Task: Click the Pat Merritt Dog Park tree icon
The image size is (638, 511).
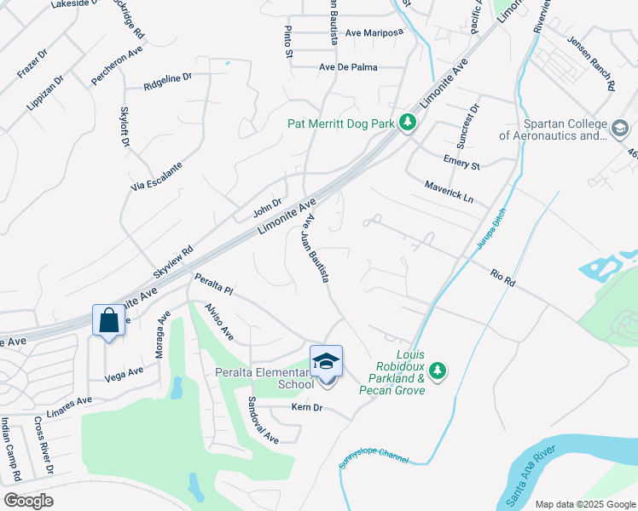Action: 408,123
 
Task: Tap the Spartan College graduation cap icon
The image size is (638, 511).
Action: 619,129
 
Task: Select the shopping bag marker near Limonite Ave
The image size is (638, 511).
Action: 107,321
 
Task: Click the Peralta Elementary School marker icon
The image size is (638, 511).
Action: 326,361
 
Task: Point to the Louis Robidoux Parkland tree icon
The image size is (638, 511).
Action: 438,370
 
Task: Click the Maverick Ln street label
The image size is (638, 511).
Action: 449,192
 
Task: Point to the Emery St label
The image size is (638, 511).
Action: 461,160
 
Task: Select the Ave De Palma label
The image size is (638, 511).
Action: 347,66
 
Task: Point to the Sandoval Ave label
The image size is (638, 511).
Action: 264,420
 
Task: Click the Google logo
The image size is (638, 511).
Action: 28,501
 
